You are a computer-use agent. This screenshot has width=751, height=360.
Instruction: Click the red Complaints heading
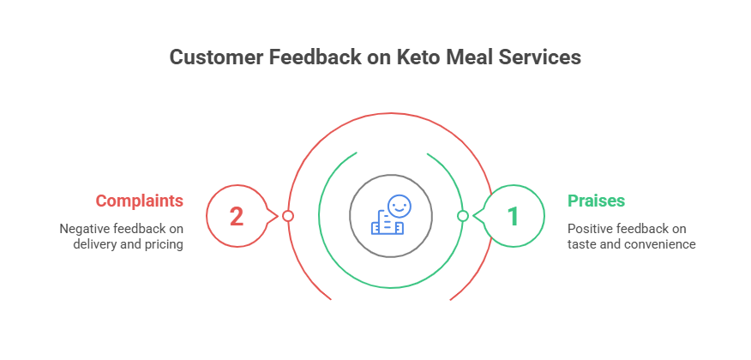pyautogui.click(x=139, y=201)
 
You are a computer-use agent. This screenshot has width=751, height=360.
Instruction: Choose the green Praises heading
pyautogui.click(x=596, y=201)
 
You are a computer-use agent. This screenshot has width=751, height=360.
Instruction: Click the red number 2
pyautogui.click(x=236, y=216)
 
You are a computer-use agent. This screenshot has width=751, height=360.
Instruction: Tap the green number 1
pyautogui.click(x=513, y=216)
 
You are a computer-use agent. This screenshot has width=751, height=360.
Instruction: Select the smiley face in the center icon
pyautogui.click(x=398, y=206)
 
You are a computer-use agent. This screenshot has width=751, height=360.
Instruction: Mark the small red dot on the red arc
pyautogui.click(x=288, y=216)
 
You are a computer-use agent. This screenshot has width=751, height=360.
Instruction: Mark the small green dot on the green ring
pyautogui.click(x=463, y=216)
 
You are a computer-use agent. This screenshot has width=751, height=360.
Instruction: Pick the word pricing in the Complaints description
pyautogui.click(x=163, y=244)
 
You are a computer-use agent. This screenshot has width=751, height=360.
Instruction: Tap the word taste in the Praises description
pyautogui.click(x=581, y=244)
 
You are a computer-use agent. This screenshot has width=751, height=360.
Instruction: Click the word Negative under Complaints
pyautogui.click(x=83, y=229)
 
